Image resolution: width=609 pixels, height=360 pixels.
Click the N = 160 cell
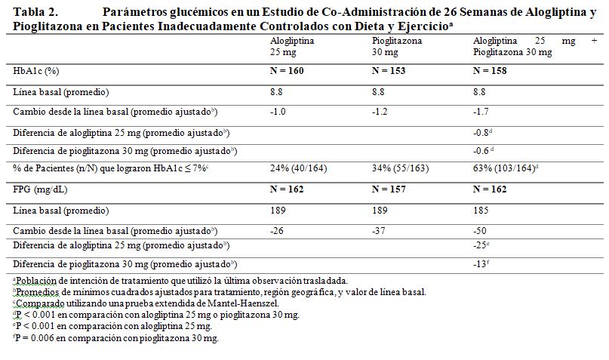pos(287,71)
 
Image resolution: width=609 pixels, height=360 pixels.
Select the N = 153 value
pos(389,71)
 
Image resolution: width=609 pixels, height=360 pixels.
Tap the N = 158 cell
pos(490,71)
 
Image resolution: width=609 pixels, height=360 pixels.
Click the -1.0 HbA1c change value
pos(278,112)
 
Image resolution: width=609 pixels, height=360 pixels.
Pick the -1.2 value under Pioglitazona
pos(380,112)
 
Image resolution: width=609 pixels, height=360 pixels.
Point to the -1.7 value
pos(481,112)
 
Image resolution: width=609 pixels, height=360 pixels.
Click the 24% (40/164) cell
pos(299,168)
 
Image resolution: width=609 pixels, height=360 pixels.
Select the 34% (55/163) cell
pos(401,168)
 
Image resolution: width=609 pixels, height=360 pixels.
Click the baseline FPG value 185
pos(481,211)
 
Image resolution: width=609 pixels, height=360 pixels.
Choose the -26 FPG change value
pos(277,231)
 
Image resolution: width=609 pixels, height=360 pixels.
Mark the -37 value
pos(379,231)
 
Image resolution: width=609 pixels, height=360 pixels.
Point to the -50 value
pos(480,231)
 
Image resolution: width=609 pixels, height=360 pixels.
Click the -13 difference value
pos(481,264)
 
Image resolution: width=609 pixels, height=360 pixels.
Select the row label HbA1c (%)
pos(35,71)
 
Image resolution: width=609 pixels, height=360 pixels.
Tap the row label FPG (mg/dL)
pos(40,190)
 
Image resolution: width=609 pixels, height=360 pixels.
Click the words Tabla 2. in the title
pos(35,12)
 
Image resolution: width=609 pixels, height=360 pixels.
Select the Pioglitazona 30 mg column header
pos(396,46)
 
